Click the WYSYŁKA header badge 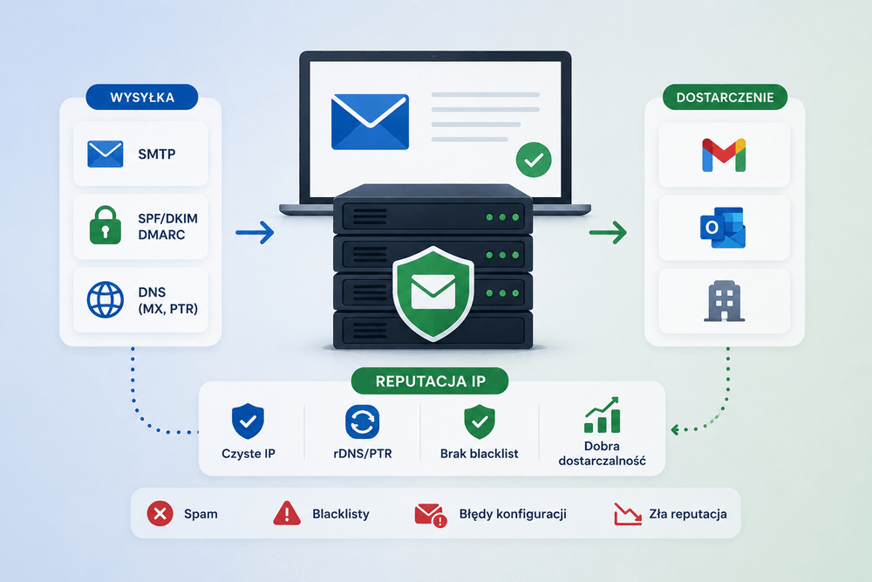pos(142,98)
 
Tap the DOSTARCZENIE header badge pos(725,98)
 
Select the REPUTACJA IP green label pos(430,381)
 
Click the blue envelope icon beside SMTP pos(106,154)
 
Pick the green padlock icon pos(106,225)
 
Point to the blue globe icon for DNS pos(106,299)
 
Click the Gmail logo pos(724,154)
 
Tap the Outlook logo pos(723,228)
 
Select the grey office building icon pos(724,301)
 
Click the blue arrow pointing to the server pos(255,233)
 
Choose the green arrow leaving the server pos(608,233)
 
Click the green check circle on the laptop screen pos(534,160)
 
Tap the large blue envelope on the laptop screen pos(370,122)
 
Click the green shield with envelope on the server pos(433,293)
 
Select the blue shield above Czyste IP pos(248,421)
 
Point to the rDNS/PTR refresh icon pos(363,421)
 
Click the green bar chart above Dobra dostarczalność pos(602,415)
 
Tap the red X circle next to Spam pos(160,513)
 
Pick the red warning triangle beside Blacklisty pos(287,513)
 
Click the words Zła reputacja pos(688,514)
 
